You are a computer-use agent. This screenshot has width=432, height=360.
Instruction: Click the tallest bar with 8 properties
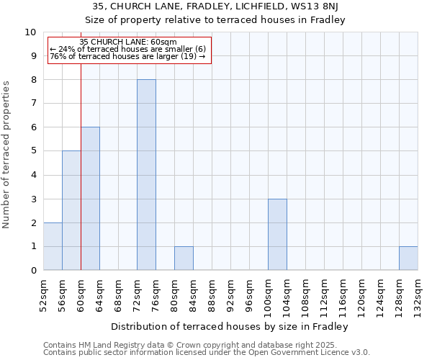[146, 175]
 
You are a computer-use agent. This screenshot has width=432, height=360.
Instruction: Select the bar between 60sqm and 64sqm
[90, 199]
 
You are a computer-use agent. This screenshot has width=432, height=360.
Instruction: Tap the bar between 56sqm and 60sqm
[71, 210]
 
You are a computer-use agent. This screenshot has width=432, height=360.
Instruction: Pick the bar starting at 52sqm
[53, 246]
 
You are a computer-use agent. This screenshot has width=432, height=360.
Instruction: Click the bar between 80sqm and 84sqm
[184, 258]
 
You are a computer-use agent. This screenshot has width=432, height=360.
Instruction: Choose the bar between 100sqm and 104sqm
[277, 235]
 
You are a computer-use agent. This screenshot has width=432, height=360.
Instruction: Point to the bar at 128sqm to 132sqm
[408, 258]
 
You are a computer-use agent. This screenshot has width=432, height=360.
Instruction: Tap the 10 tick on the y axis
[30, 32]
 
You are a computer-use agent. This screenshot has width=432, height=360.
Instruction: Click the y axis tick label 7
[33, 104]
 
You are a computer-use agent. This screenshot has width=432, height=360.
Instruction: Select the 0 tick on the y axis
[33, 271]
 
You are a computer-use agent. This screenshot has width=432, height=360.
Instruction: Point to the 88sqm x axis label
[212, 295]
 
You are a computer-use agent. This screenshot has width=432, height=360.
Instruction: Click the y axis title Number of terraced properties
[7, 154]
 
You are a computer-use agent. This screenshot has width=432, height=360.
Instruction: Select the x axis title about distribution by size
[230, 326]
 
